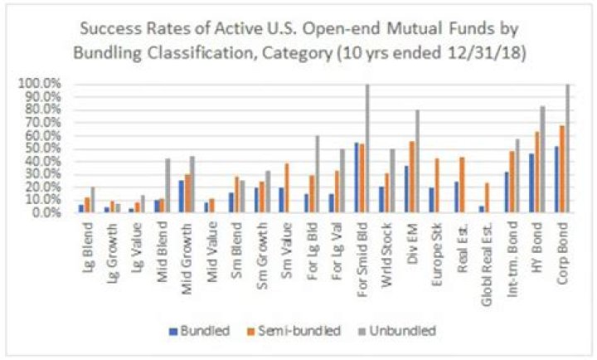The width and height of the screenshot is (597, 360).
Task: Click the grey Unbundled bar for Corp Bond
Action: [568, 148]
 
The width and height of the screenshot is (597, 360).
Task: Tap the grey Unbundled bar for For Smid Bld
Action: [367, 148]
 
